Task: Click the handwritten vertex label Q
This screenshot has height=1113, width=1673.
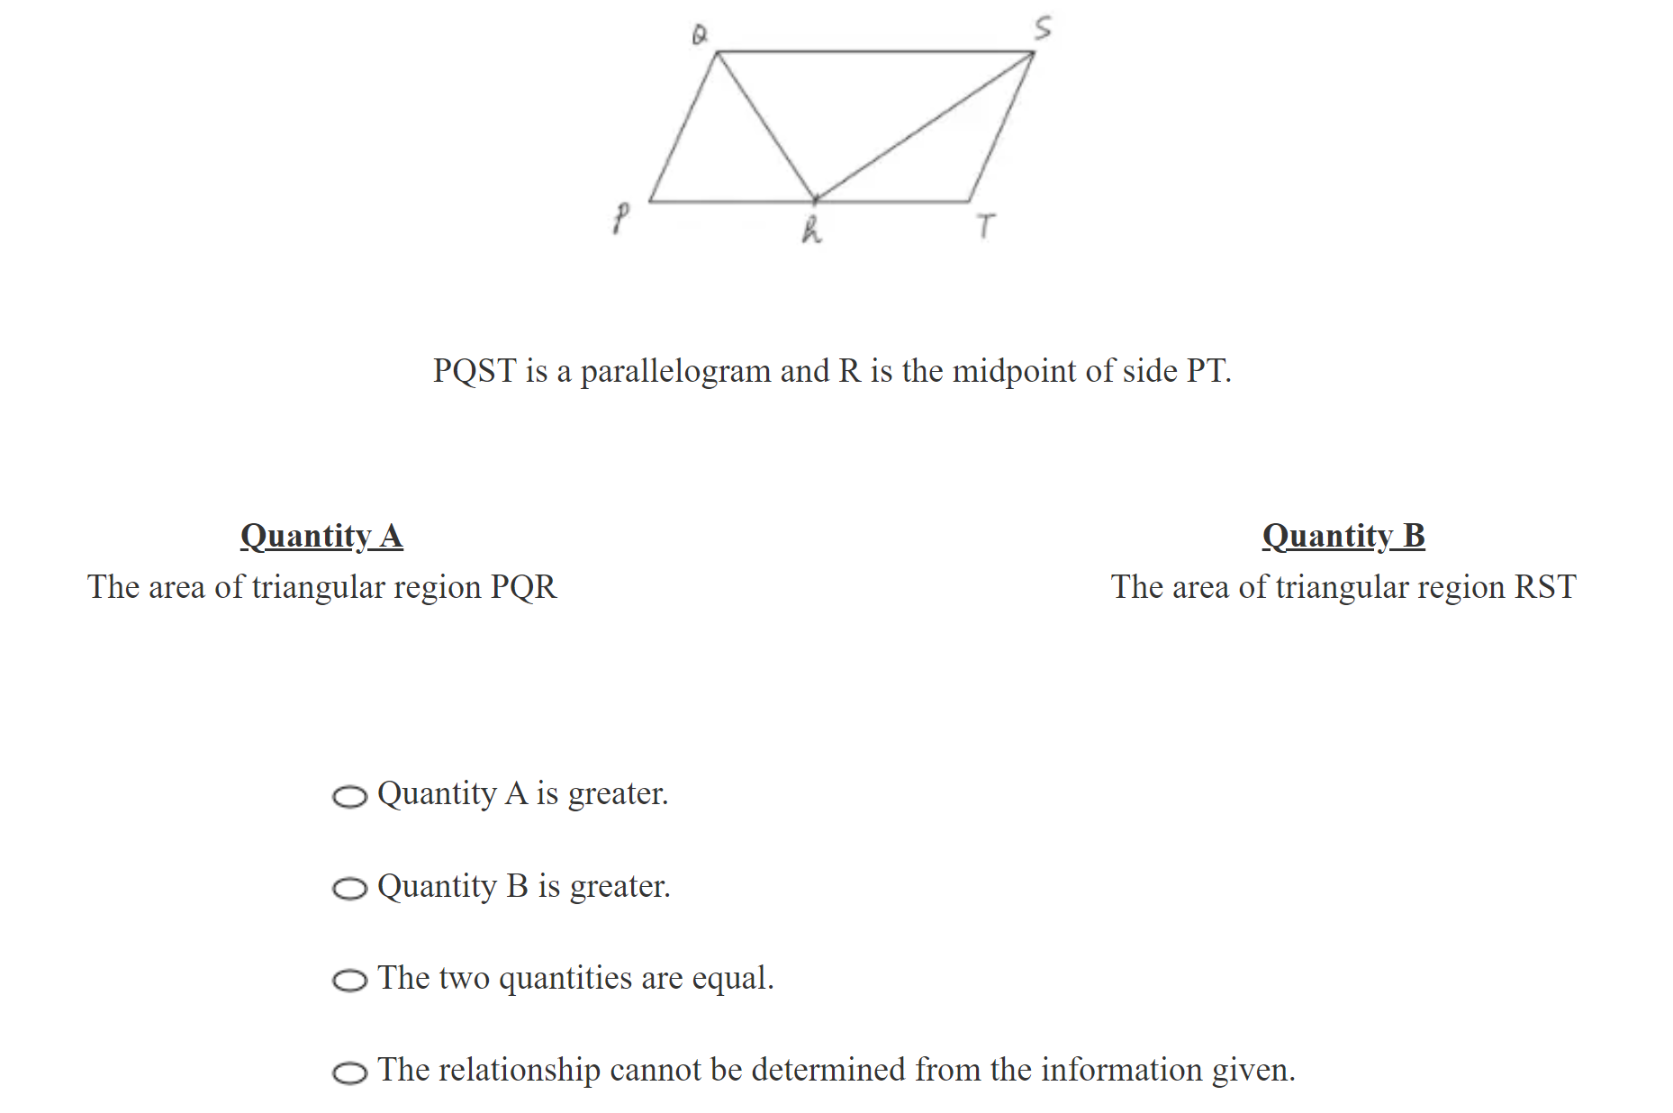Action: pos(699,34)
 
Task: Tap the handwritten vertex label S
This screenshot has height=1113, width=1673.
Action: pos(1042,28)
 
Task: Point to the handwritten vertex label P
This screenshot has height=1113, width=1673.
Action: pos(620,217)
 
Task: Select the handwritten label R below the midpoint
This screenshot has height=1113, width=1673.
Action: pos(811,230)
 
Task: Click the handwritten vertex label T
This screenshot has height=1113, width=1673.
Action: pos(986,225)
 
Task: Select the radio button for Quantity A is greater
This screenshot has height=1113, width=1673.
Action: pos(349,797)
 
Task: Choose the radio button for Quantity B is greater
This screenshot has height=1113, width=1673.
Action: pos(349,889)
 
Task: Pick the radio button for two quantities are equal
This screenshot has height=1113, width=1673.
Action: pos(349,981)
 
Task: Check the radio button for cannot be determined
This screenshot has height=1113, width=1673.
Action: pos(349,1072)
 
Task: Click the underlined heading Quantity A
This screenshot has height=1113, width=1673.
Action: pos(321,536)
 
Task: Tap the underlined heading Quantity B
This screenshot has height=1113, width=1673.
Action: pos(1343,536)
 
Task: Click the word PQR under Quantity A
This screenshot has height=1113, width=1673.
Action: pos(523,587)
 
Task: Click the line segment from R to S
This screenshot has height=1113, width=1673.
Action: pos(925,126)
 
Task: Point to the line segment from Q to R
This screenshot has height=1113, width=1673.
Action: pos(766,126)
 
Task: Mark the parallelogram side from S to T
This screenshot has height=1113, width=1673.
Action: pos(1001,127)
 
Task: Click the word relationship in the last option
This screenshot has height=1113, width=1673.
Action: pos(533,1070)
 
